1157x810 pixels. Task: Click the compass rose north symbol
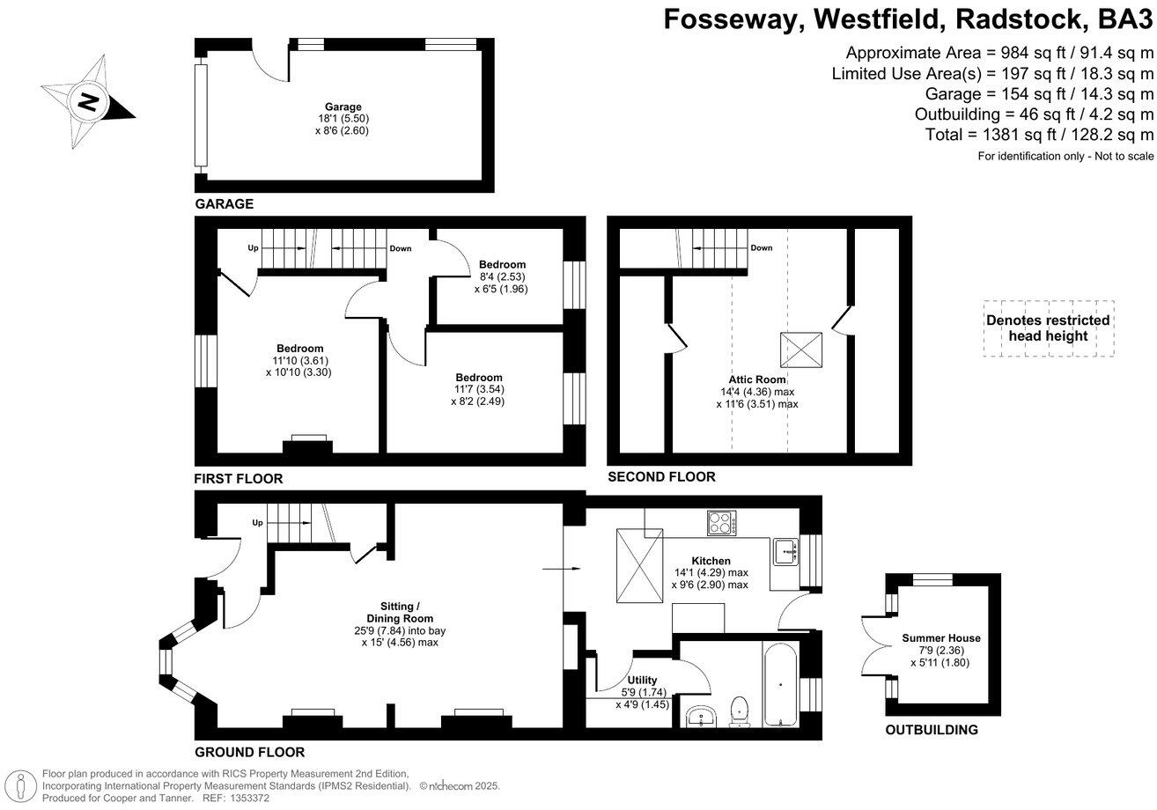(x=88, y=101)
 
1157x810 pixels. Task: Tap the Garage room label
(x=342, y=107)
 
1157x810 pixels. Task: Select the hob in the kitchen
(x=722, y=523)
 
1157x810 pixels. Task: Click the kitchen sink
(x=784, y=552)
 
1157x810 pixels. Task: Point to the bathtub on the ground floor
(x=780, y=685)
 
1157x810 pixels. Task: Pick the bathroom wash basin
(x=701, y=715)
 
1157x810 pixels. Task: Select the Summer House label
(x=940, y=638)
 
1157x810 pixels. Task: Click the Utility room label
(x=642, y=681)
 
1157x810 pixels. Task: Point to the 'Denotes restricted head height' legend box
(x=1048, y=328)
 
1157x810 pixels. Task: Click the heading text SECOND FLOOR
(x=661, y=477)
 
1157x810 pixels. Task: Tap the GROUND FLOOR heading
(x=250, y=753)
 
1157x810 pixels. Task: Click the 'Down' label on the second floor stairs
(x=762, y=248)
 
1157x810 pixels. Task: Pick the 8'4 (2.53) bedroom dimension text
(x=501, y=276)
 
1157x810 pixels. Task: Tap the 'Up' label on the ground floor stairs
(x=257, y=523)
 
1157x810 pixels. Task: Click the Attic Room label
(x=757, y=379)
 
